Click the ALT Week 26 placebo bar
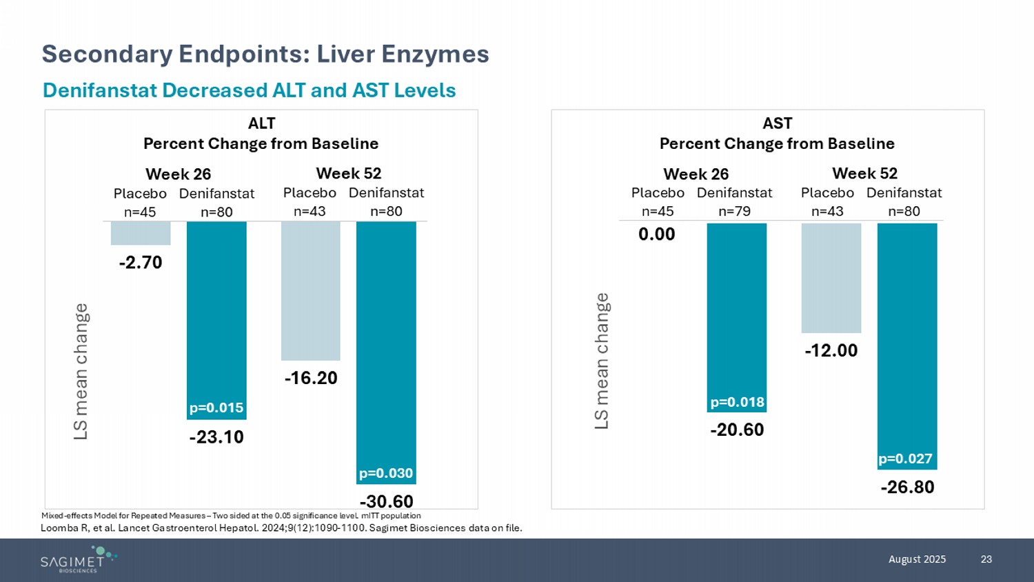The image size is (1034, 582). [x=141, y=233]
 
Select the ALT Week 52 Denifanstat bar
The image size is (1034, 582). [x=386, y=345]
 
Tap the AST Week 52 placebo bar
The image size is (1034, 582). [x=831, y=278]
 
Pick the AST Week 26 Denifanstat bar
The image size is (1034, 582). [x=737, y=310]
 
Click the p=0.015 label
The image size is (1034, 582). [x=216, y=408]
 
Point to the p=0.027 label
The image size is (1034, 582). [x=905, y=459]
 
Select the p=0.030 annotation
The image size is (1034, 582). [x=386, y=473]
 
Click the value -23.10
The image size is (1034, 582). [x=216, y=437]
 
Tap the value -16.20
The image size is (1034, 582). [x=311, y=378]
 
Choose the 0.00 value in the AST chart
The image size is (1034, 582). [x=657, y=234]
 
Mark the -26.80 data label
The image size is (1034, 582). [x=907, y=488]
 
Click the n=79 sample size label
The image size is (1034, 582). [x=734, y=211]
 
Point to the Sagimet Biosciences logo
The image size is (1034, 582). [x=78, y=559]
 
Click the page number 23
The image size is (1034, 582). [x=986, y=559]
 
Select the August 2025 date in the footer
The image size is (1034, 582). [x=917, y=559]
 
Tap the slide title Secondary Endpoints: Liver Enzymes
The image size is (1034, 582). [x=265, y=54]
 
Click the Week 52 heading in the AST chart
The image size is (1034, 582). [x=864, y=173]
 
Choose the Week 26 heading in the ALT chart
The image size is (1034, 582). [x=178, y=174]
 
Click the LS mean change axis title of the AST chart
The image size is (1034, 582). [x=602, y=361]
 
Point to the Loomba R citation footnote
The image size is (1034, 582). [x=281, y=528]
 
